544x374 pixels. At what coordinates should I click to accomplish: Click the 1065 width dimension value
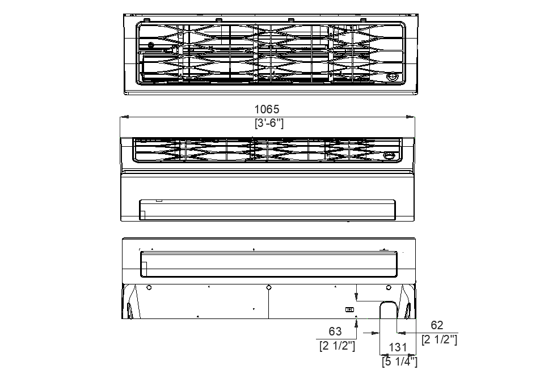coord(267,109)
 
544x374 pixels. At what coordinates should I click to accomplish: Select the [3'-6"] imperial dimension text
coord(268,123)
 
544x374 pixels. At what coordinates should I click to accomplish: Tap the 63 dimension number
coord(335,331)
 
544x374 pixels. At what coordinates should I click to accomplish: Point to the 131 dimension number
coord(399,348)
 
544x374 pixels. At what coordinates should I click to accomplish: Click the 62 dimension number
coord(437,325)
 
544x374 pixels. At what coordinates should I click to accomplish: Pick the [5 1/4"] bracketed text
coord(399,361)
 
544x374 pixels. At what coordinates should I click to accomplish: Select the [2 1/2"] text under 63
coord(337,345)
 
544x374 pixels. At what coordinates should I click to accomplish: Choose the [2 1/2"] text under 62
coord(440,339)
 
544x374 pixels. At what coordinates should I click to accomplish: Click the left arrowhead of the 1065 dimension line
coord(124,117)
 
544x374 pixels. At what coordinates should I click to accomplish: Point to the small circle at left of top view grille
coord(151,45)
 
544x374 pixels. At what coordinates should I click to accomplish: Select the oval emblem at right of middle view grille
coord(390,156)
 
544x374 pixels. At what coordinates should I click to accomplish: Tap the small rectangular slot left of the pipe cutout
coord(349,309)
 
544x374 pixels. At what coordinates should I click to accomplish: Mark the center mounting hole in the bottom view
coord(269,287)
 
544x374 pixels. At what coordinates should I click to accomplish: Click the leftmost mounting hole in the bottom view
coord(149,287)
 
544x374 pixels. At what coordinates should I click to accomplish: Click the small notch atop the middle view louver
coord(159,200)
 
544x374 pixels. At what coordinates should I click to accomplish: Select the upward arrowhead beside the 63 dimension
coord(356,323)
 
